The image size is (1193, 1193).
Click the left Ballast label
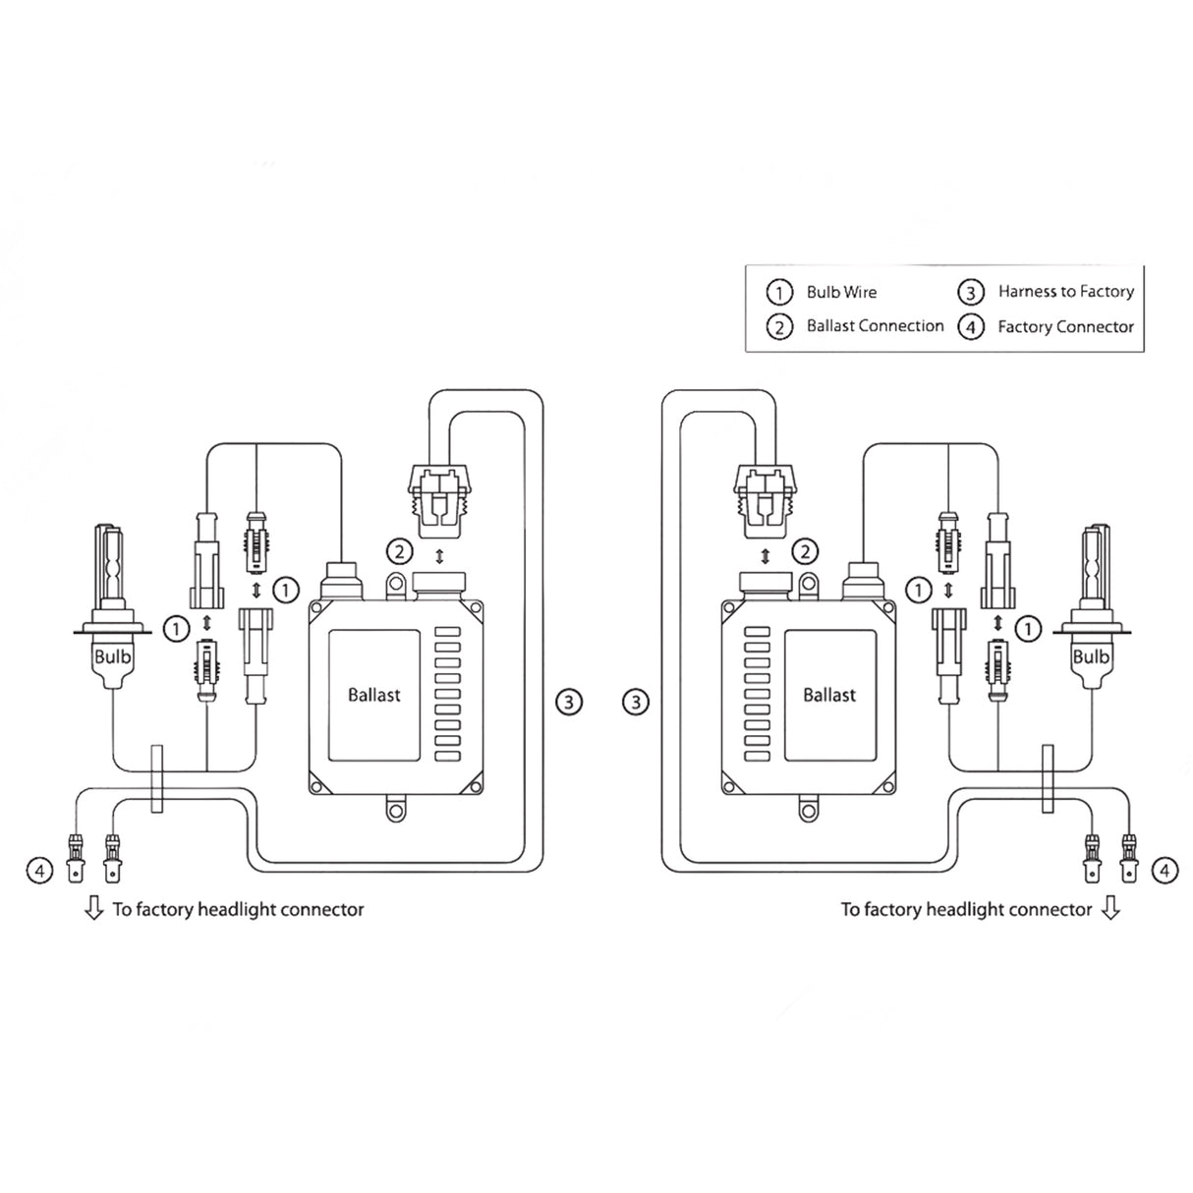374,695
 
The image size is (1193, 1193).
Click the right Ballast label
829,695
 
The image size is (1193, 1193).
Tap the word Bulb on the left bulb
112,655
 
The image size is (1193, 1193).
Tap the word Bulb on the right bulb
1091,655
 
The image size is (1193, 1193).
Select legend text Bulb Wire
841,292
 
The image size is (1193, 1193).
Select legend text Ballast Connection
875,326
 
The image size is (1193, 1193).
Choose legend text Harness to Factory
1065,292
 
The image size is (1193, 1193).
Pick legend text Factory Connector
1065,327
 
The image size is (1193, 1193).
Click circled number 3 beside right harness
637,702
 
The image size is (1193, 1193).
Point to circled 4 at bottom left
39,870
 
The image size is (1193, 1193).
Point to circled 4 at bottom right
1164,870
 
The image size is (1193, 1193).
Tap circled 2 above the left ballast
399,551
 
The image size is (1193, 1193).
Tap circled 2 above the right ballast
806,551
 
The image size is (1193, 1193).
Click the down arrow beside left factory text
94,909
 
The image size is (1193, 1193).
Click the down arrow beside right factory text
1110,909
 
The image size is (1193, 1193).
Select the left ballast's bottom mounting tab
395,810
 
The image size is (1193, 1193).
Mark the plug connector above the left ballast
439,502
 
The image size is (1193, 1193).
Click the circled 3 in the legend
971,292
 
